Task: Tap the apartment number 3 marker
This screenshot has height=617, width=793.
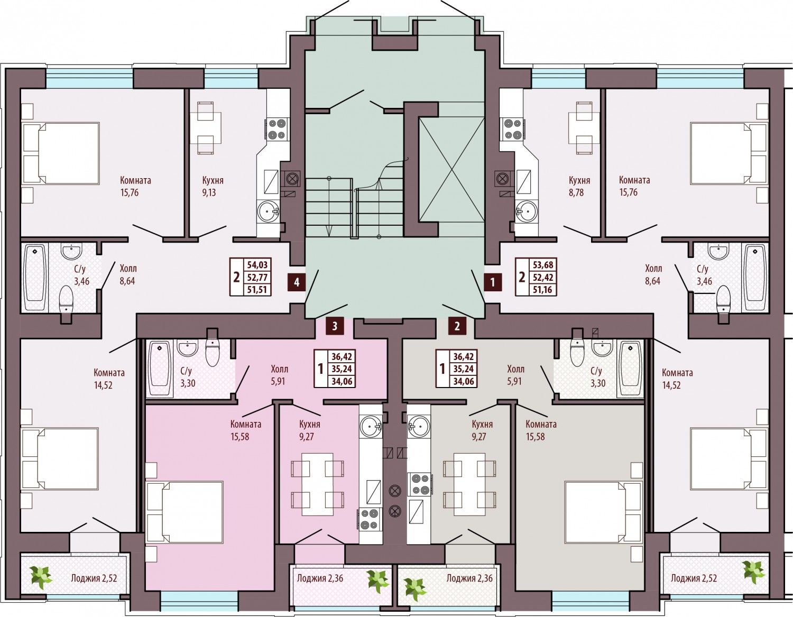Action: [335, 326]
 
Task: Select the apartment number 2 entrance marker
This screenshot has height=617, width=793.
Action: [457, 326]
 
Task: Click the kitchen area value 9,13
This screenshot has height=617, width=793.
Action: [209, 192]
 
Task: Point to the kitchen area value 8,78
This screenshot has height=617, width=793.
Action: [576, 192]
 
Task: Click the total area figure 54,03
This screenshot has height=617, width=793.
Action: [257, 265]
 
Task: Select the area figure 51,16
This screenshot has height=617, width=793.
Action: [543, 290]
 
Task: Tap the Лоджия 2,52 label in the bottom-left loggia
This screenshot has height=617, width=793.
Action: [94, 578]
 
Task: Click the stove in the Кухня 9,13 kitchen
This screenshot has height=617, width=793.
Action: [276, 130]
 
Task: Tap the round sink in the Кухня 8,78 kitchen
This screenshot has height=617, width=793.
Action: [527, 211]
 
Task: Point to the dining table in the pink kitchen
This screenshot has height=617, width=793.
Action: [318, 484]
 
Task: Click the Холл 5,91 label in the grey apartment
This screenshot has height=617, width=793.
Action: [515, 375]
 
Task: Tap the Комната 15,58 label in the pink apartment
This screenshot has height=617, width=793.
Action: [246, 430]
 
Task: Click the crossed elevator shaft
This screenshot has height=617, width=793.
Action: [452, 170]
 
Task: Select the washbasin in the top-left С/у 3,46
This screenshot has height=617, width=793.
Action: [71, 251]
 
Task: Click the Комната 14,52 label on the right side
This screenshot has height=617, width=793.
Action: [677, 379]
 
